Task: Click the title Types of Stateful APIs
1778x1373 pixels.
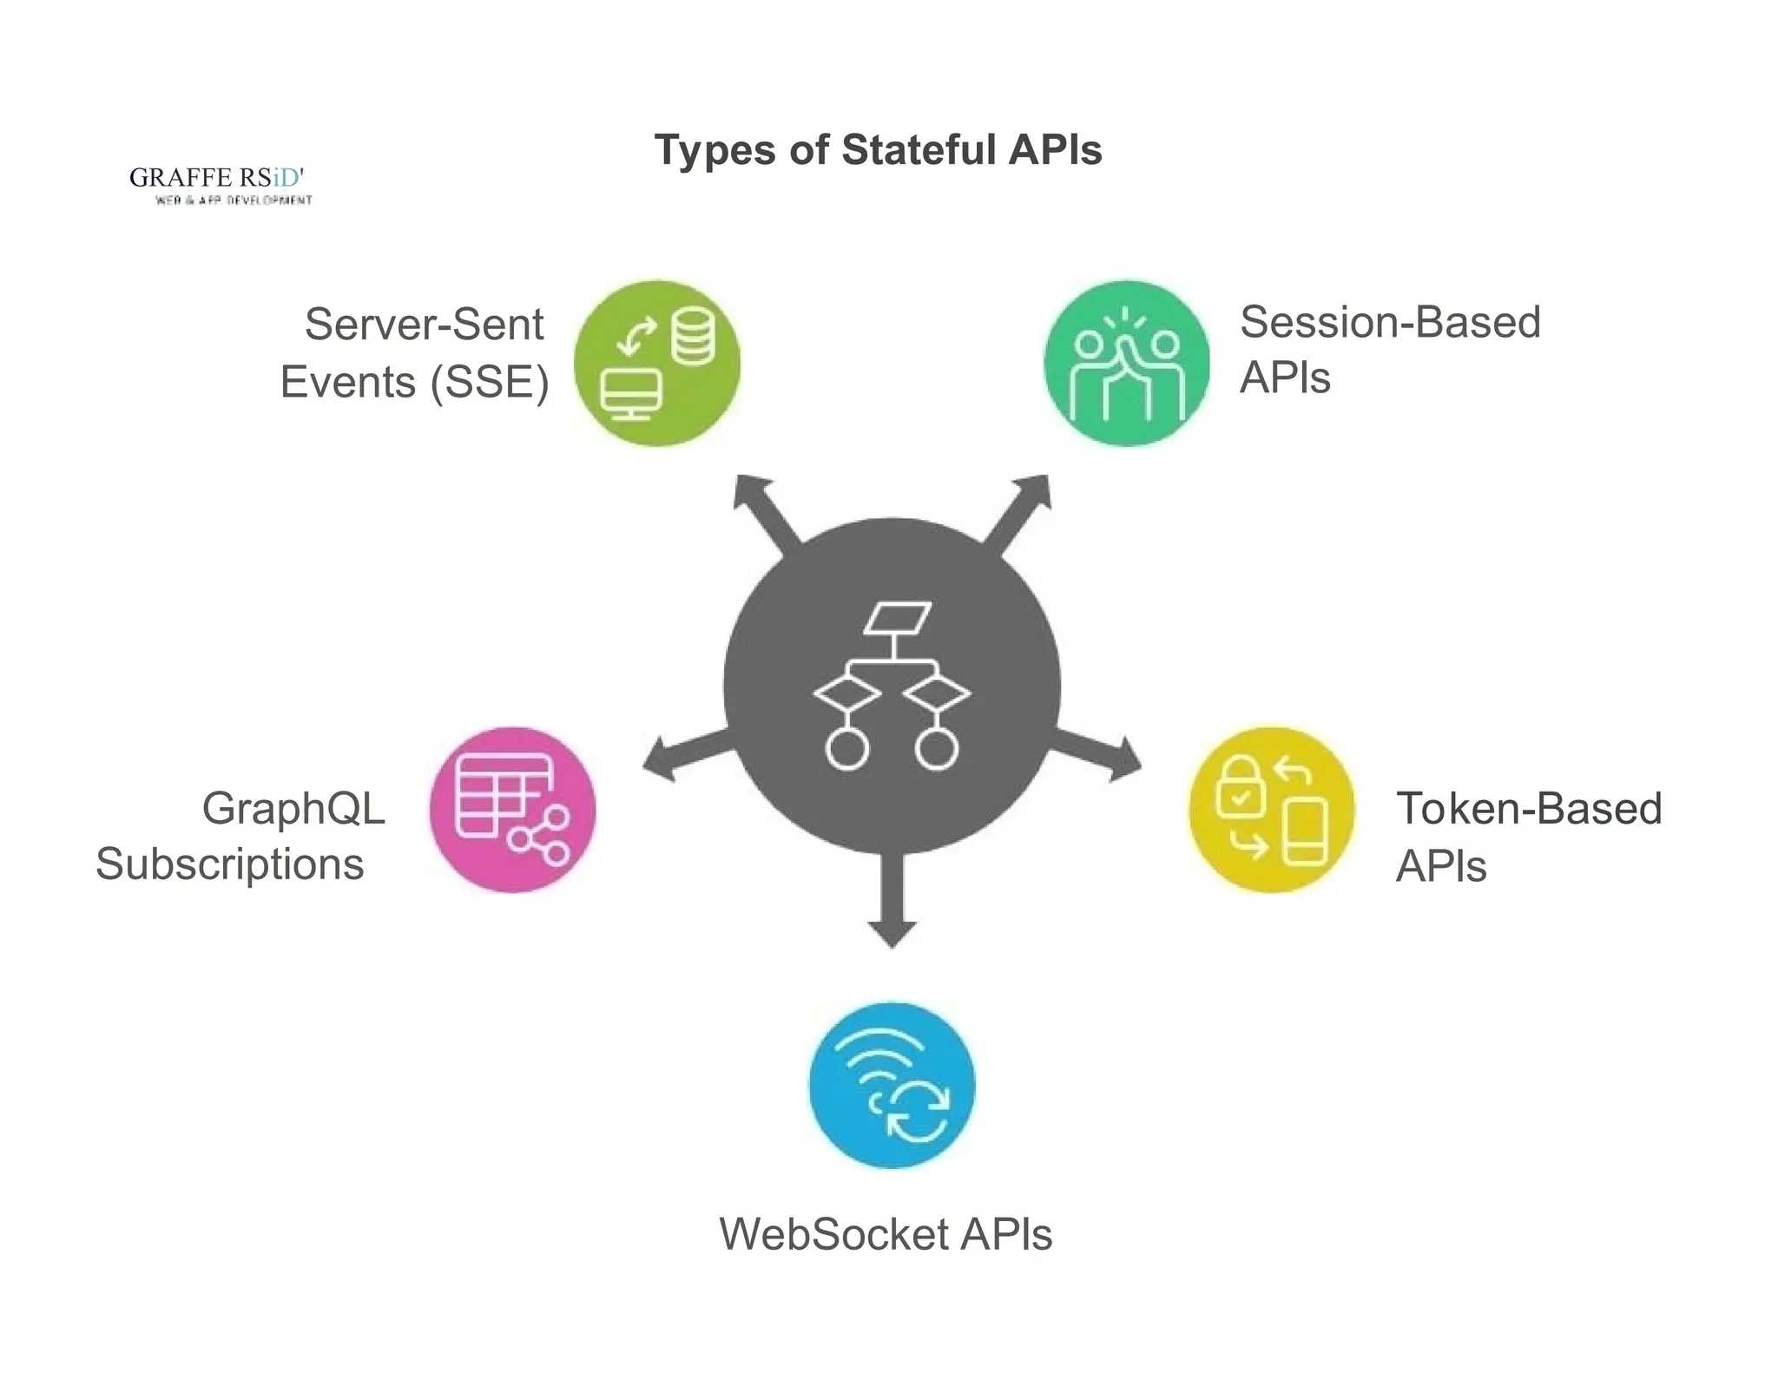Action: [878, 150]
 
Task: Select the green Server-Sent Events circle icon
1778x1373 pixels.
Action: [657, 364]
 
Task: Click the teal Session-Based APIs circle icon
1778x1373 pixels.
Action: [1126, 364]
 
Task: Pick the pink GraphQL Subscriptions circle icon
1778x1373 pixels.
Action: [512, 810]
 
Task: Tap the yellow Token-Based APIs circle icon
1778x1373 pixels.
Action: [1271, 810]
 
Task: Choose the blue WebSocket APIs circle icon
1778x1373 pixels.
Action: [892, 1085]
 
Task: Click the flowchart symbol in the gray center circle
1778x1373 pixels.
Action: [892, 686]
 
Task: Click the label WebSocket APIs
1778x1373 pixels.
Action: [886, 1234]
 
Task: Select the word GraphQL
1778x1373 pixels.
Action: [293, 808]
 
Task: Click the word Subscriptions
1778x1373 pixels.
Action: [230, 864]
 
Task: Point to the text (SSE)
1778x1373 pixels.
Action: [491, 383]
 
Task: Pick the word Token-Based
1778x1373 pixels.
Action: [1529, 809]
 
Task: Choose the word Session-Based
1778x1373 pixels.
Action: [1390, 322]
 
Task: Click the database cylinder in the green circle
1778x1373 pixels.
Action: [694, 336]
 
